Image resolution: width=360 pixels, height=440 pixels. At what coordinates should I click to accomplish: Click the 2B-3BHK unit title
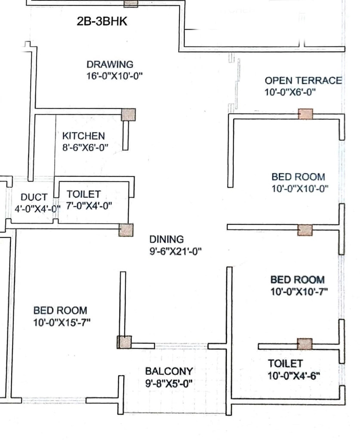(102, 21)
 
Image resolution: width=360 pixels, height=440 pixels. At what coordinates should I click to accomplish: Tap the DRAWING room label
(110, 64)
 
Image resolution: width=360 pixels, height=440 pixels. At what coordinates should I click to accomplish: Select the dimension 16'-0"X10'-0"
(114, 76)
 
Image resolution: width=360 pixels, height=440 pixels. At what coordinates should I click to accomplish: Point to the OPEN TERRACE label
(303, 80)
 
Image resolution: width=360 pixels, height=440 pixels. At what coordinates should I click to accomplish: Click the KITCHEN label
(83, 136)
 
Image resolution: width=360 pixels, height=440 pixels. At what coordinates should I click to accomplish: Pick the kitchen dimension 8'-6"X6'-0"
(85, 147)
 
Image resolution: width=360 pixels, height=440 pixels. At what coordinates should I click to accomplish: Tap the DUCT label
(34, 197)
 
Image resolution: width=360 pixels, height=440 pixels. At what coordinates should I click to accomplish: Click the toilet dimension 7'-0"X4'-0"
(89, 206)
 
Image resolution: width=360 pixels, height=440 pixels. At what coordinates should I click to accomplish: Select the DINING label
(166, 239)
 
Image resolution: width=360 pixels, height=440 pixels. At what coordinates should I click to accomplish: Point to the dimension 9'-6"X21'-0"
(175, 251)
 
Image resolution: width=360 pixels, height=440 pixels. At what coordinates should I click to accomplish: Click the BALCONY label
(169, 371)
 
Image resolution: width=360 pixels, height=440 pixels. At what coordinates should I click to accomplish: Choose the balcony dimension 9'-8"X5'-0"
(169, 383)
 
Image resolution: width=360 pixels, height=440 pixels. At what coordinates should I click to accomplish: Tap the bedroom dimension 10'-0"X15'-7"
(62, 322)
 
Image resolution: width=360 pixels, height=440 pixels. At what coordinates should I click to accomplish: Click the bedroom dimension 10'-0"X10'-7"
(299, 292)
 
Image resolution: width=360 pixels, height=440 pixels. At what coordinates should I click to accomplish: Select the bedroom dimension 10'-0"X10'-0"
(300, 189)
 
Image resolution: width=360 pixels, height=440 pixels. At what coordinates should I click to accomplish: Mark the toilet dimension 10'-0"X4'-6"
(294, 376)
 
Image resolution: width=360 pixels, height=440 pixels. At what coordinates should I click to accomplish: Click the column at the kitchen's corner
(128, 114)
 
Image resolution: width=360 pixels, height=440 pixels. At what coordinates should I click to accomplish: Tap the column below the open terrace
(305, 114)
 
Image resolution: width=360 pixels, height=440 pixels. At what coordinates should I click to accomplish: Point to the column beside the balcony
(124, 342)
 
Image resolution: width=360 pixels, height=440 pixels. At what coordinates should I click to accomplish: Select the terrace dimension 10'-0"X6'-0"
(290, 92)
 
